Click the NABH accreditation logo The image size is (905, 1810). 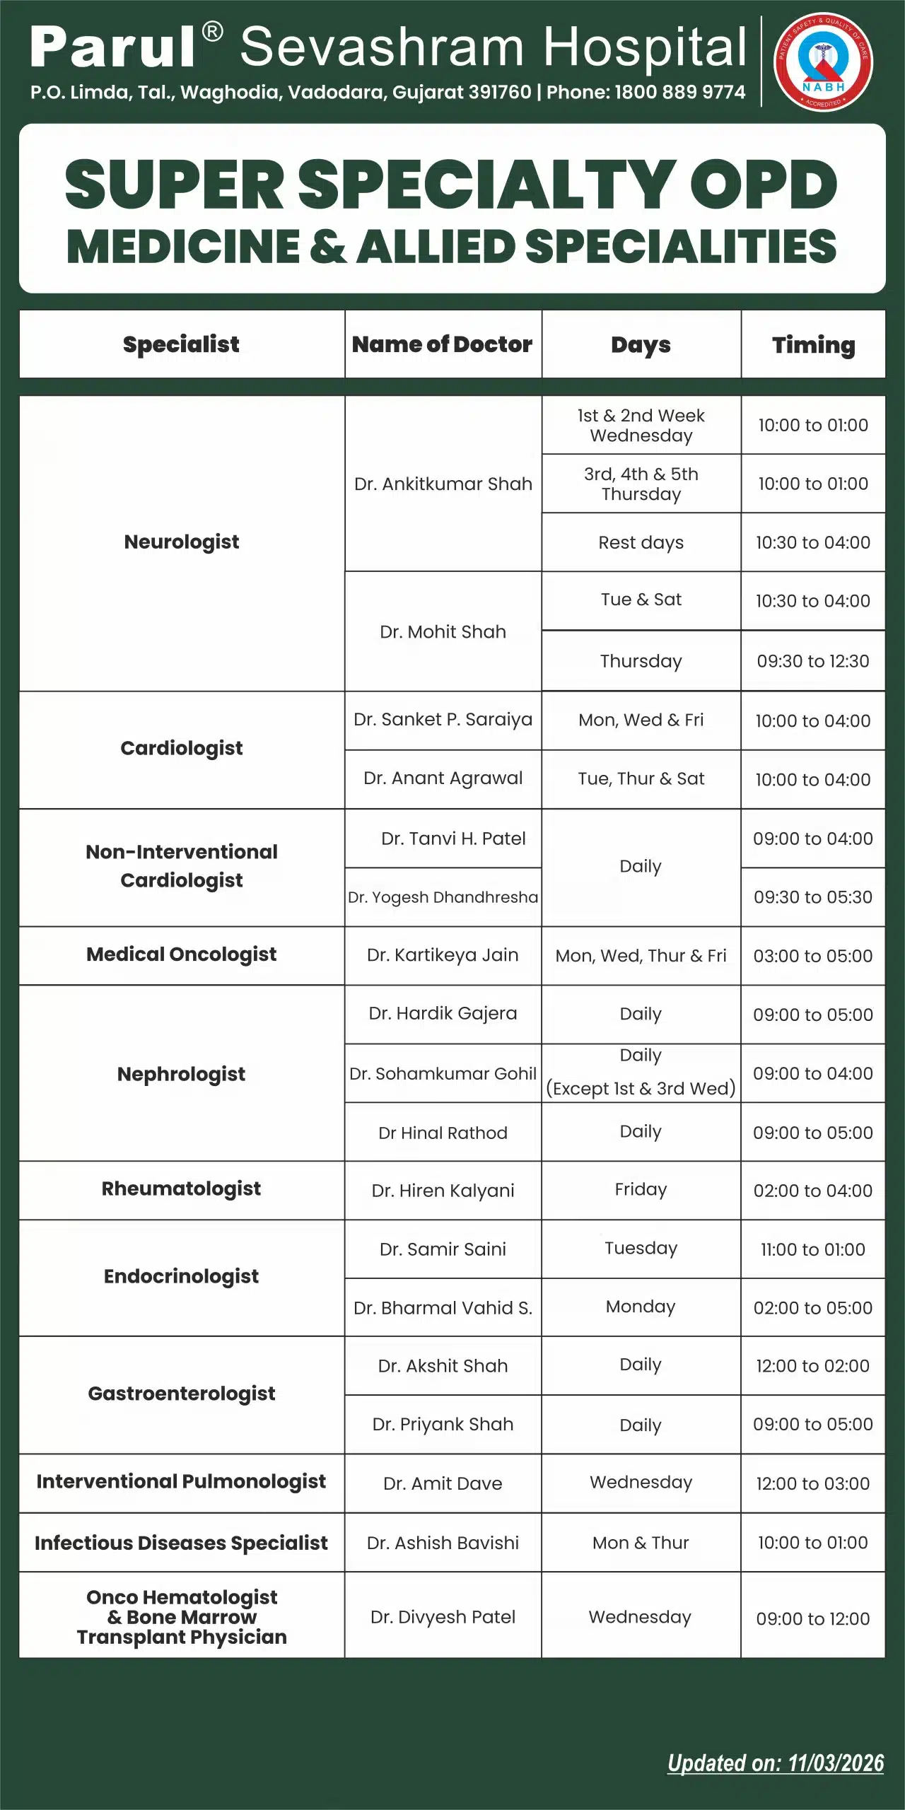point(824,62)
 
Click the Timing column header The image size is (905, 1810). point(813,344)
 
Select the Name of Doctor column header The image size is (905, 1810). point(443,344)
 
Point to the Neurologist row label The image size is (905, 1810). point(182,542)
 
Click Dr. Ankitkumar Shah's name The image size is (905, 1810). point(443,484)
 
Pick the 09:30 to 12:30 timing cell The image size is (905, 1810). point(813,661)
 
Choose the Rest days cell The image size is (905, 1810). point(641,542)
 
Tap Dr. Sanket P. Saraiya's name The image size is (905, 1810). point(443,720)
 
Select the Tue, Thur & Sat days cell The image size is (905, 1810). point(641,778)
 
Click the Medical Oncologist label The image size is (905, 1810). point(182,954)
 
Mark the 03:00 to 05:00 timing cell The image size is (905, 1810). point(813,956)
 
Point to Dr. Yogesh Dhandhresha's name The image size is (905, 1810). point(443,897)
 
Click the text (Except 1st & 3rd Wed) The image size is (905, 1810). point(641,1088)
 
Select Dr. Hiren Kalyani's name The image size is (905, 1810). point(443,1191)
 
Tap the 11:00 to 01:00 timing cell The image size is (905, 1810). point(813,1249)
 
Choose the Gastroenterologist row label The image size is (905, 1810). point(182,1394)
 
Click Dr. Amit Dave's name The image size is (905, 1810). point(443,1483)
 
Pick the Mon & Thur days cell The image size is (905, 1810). point(641,1543)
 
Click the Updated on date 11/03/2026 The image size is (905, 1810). point(835,1763)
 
